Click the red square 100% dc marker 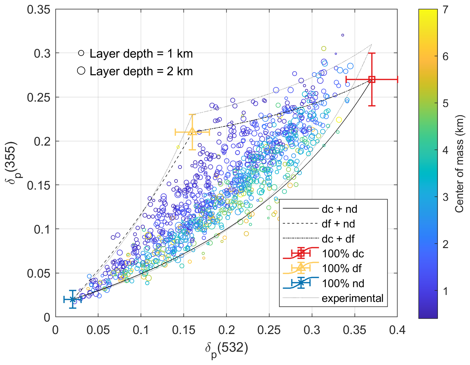coord(372,79)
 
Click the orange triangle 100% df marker coord(192,132)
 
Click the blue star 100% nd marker coord(73,300)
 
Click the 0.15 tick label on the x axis coord(184,330)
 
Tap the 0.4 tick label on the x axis coord(397,330)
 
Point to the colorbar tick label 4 coord(445,150)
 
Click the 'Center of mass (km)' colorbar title coord(459,164)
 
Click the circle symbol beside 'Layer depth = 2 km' coord(81,71)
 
